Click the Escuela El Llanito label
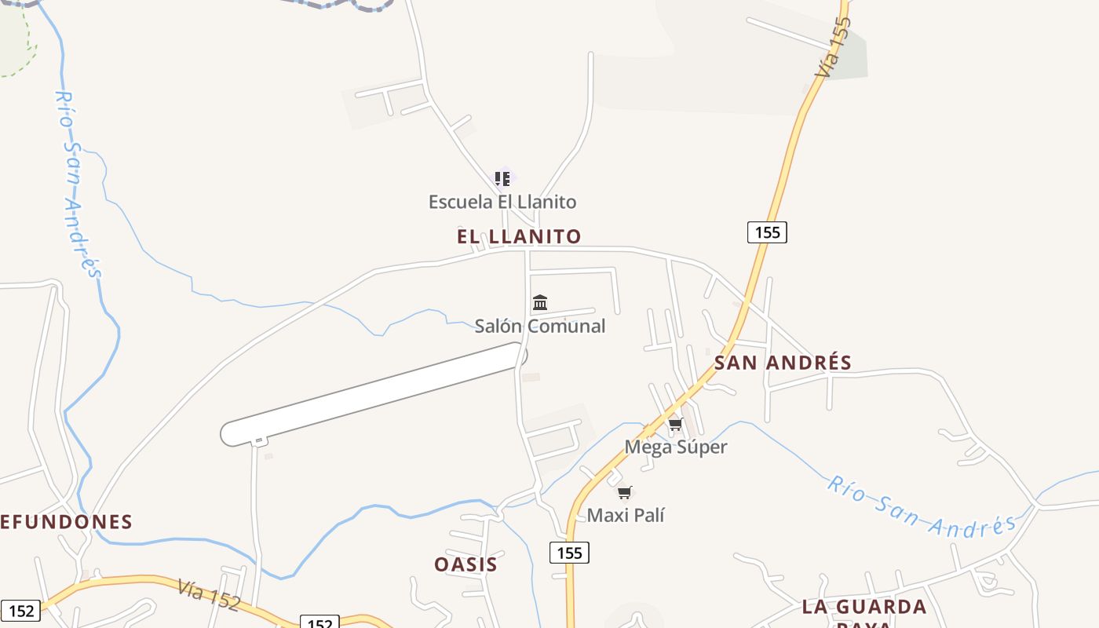502,202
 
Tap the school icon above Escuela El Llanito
502,178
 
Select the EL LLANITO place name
519,236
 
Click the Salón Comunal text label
540,326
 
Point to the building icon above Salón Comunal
540,303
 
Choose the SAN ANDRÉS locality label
783,363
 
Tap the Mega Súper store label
676,447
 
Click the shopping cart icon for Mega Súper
675,425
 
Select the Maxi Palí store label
626,516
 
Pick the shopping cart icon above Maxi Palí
624,493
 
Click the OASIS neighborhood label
466,564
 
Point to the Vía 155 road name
833,47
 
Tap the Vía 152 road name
209,594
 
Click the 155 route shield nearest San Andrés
766,232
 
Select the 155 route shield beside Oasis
569,553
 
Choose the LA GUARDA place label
864,607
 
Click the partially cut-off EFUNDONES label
66,522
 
